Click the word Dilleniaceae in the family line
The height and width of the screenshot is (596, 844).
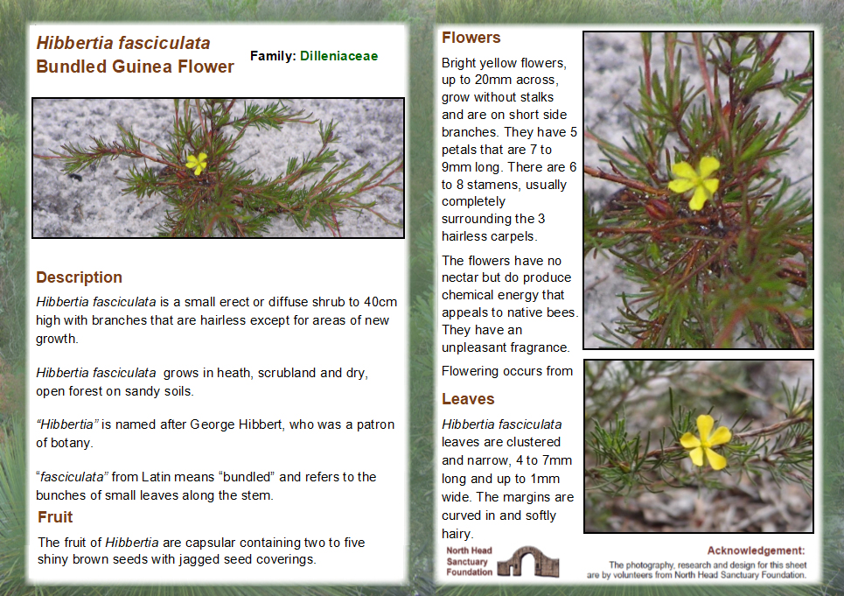click(x=339, y=56)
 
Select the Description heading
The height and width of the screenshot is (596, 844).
click(x=79, y=277)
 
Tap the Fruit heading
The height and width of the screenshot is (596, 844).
click(x=55, y=517)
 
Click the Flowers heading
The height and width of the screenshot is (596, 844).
click(x=471, y=38)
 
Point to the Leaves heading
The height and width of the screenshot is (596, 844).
click(x=468, y=399)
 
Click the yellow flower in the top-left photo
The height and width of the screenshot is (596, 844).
click(x=197, y=163)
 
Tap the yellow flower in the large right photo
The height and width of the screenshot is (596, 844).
click(x=695, y=181)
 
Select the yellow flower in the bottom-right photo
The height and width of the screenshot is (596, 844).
click(x=705, y=441)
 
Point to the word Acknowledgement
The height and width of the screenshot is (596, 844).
click(x=755, y=550)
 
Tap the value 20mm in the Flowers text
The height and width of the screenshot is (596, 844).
click(x=493, y=80)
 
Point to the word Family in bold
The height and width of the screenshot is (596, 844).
click(x=271, y=56)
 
